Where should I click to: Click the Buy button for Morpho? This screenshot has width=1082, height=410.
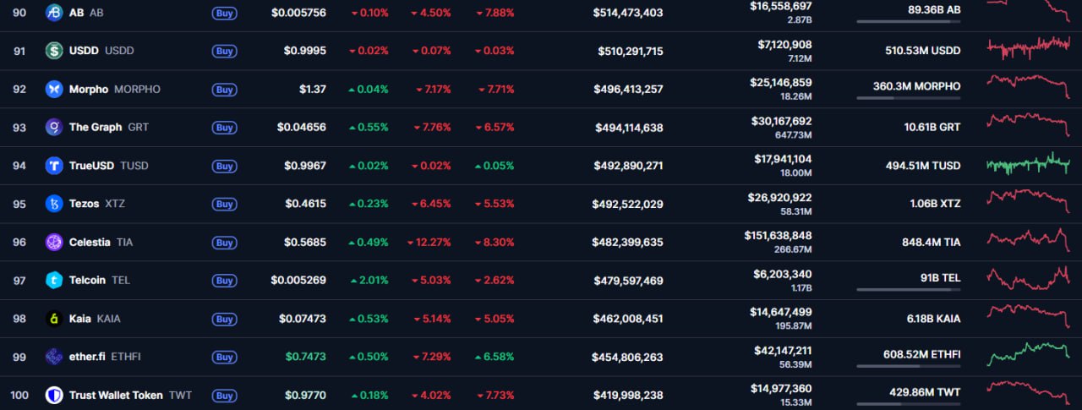pos(224,89)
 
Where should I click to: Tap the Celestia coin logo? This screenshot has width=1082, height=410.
pos(54,242)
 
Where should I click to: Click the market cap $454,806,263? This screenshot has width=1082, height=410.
pos(627,357)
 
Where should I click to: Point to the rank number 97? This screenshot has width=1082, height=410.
pos(19,280)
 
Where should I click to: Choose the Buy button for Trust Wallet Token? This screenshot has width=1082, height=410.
pos(224,395)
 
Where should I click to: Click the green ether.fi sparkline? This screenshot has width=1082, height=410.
pos(1028,353)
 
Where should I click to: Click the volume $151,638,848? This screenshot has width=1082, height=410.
pos(778,235)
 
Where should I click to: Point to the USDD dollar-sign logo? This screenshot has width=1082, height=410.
pos(54,51)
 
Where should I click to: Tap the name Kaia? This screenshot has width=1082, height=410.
pos(80,319)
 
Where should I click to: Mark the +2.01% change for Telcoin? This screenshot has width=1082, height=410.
pos(369,280)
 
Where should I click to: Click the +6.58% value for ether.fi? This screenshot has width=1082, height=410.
pos(495,357)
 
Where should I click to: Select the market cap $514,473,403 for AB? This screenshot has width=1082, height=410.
pos(627,13)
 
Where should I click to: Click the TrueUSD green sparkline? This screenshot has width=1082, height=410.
pos(1028,164)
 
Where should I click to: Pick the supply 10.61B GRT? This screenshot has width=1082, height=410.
pos(932,127)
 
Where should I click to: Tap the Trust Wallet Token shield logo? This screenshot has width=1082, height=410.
pos(54,395)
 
